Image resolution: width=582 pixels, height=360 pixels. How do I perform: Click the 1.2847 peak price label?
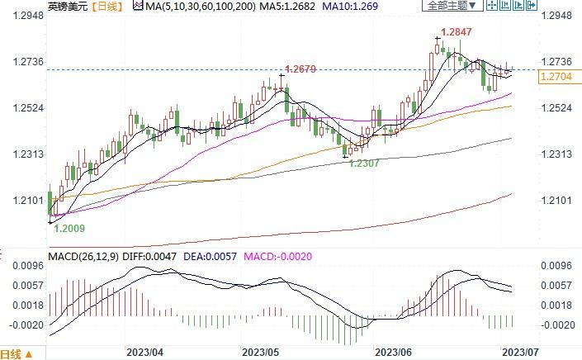pos(457,31)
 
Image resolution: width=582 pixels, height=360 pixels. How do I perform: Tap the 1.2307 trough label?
pos(364,163)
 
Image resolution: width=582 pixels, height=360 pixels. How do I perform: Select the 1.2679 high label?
pos(300,69)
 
